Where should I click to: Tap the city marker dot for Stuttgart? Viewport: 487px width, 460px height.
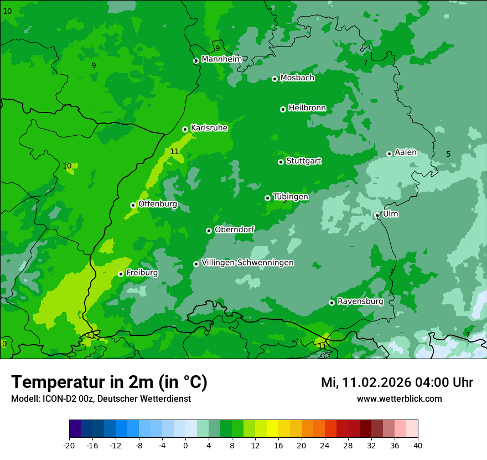[x=281, y=162]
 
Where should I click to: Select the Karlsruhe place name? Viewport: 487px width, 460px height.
[x=209, y=128]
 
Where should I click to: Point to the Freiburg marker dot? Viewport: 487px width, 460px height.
[x=121, y=274]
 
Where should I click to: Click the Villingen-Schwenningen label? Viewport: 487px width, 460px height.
[x=247, y=263]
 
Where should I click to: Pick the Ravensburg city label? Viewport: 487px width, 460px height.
[x=360, y=301]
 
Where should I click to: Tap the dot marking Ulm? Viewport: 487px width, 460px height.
[x=377, y=215]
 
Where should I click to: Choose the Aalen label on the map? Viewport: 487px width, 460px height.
[x=406, y=152]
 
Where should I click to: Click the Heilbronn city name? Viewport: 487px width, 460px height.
[x=307, y=108]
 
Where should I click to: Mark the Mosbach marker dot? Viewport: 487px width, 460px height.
[x=274, y=79]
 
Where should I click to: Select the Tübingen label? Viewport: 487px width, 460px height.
[x=291, y=197]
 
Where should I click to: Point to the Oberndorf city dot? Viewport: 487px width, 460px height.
[x=209, y=231]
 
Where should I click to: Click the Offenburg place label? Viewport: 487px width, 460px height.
[x=158, y=204]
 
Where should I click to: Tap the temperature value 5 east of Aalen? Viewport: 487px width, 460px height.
[x=448, y=154]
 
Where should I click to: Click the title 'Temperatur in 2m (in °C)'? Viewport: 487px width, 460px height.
[x=109, y=382]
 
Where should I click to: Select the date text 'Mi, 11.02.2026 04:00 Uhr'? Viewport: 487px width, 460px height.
[x=397, y=382]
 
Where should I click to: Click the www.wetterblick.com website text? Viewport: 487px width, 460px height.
[x=399, y=398]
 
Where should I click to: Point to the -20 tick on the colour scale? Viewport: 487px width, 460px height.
[x=69, y=445]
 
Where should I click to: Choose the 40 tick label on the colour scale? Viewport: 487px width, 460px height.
[x=417, y=445]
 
